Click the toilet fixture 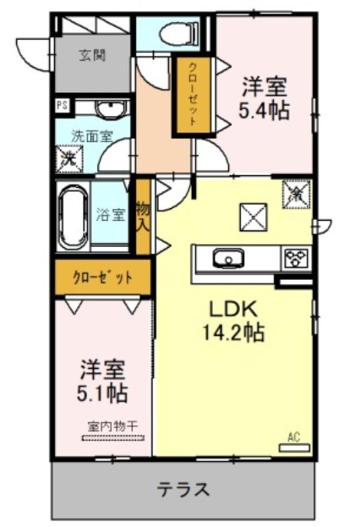[179, 34]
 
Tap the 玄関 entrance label [92, 55]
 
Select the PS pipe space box [62, 106]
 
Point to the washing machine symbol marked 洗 [69, 159]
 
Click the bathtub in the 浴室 [73, 217]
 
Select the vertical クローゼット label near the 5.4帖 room [191, 94]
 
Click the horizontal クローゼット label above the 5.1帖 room [102, 277]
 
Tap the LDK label [233, 309]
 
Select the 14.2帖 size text [233, 332]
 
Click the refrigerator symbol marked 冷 [297, 194]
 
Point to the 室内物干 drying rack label [113, 426]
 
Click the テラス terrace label [183, 489]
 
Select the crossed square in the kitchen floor [253, 217]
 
